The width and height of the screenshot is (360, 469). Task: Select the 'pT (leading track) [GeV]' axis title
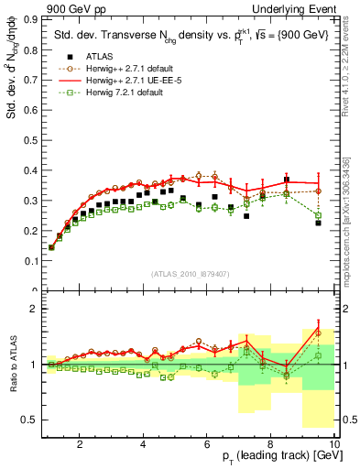coord(275,456)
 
